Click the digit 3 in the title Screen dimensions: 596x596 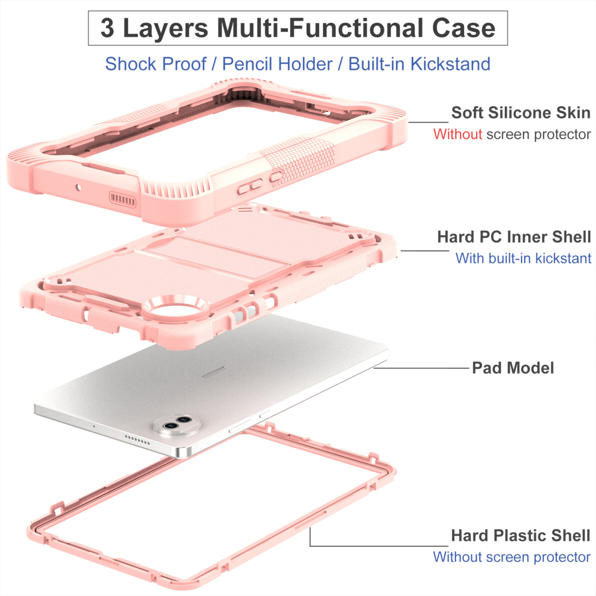(107, 28)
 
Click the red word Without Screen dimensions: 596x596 (458, 134)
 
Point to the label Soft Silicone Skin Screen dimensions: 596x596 (521, 113)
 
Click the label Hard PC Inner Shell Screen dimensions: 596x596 (514, 237)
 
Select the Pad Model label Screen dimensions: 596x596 (513, 368)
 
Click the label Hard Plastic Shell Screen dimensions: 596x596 (520, 536)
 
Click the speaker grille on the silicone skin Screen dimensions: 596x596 (123, 199)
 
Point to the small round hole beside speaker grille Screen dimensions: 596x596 (78, 187)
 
